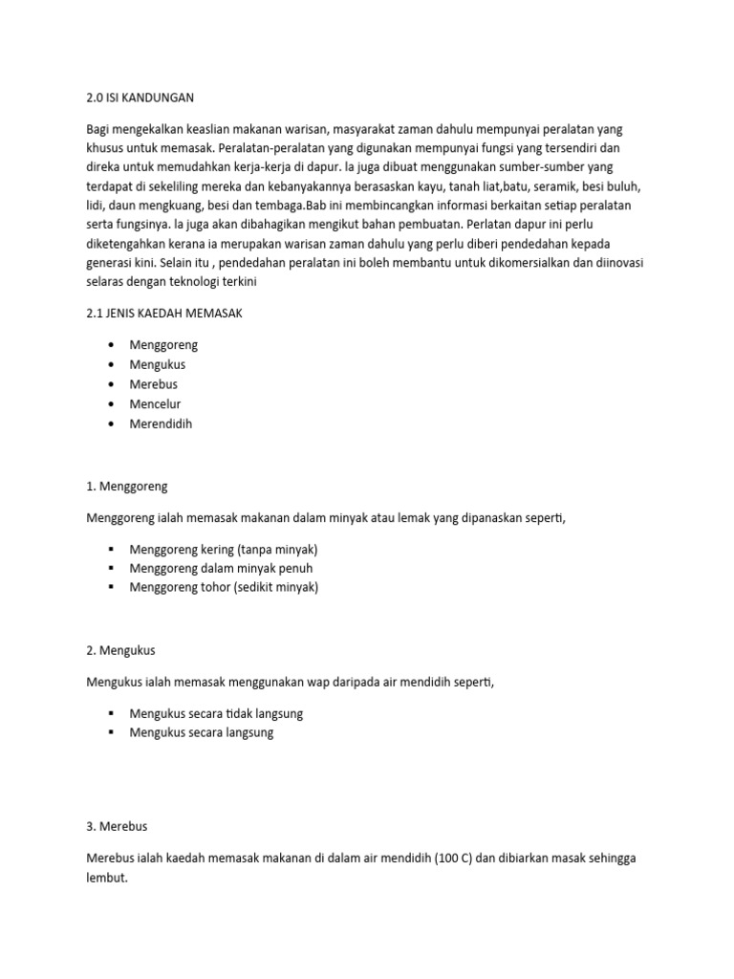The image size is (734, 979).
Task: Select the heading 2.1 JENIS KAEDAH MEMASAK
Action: [x=164, y=315]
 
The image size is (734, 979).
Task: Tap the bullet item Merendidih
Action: [x=161, y=424]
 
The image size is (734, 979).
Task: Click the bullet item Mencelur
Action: [x=155, y=403]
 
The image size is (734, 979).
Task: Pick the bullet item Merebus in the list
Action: [x=153, y=384]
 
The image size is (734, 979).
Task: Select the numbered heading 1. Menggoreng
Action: [x=126, y=486]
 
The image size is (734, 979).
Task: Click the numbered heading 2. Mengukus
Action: [x=120, y=650]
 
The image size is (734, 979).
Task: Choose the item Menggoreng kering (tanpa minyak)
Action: [x=223, y=550]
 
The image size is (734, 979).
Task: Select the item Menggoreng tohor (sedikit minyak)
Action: [x=224, y=587]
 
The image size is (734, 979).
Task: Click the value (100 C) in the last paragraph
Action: [x=447, y=858]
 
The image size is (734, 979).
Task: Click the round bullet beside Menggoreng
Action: [x=112, y=345]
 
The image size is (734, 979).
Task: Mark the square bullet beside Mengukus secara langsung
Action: [x=112, y=732]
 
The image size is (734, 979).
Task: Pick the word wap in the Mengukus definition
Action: [x=319, y=682]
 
